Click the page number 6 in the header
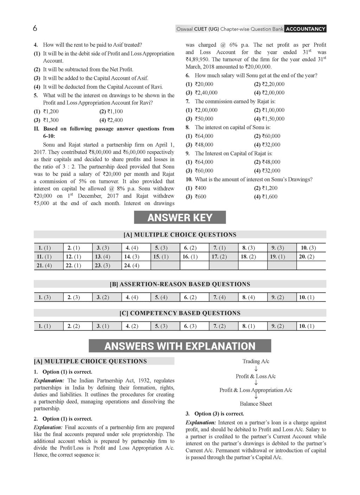[x=35, y=28]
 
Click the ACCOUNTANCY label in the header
[x=306, y=29]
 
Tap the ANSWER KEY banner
[x=180, y=218]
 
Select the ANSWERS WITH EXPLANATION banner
[x=180, y=346]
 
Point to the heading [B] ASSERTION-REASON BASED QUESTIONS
[x=180, y=284]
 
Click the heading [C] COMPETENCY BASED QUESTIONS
[x=180, y=313]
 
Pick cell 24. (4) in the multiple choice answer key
[x=131, y=265]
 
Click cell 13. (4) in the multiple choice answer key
[x=102, y=257]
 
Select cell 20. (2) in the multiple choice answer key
[x=307, y=257]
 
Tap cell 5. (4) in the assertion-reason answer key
[x=161, y=297]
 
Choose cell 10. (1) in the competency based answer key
[x=307, y=326]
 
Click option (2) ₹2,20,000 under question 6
[x=269, y=84]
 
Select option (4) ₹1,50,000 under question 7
[x=269, y=119]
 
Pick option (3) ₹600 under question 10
[x=196, y=197]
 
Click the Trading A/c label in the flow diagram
[x=256, y=361]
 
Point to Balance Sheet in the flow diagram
[x=256, y=404]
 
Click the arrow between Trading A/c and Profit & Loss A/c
[x=256, y=369]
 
